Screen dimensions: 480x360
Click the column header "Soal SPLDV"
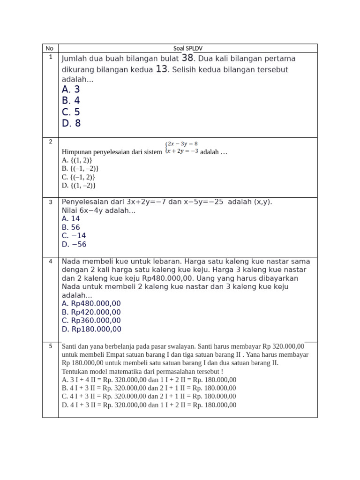tap(187, 48)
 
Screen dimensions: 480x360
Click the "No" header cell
tap(50, 48)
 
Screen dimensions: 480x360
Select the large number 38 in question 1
tap(187, 58)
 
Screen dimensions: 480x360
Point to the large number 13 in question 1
tap(161, 69)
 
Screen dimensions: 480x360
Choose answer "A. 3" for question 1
tap(71, 89)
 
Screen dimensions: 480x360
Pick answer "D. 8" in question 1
tap(71, 123)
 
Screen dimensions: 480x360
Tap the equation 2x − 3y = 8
tap(182, 144)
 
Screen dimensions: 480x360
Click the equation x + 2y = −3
tap(182, 151)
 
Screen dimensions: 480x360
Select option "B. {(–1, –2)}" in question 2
tap(80, 168)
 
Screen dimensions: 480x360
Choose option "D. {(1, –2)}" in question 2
tap(79, 185)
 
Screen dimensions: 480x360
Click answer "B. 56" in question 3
tap(71, 227)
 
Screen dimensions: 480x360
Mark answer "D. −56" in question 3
tap(74, 244)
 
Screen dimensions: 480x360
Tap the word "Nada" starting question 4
tap(71, 261)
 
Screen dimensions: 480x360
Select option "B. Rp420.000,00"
tap(91, 312)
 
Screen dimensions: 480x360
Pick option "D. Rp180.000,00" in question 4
tap(91, 329)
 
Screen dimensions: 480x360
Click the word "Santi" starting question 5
tap(69, 346)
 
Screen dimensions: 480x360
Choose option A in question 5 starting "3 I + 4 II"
tap(149, 380)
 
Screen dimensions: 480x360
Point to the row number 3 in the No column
tap(50, 202)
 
